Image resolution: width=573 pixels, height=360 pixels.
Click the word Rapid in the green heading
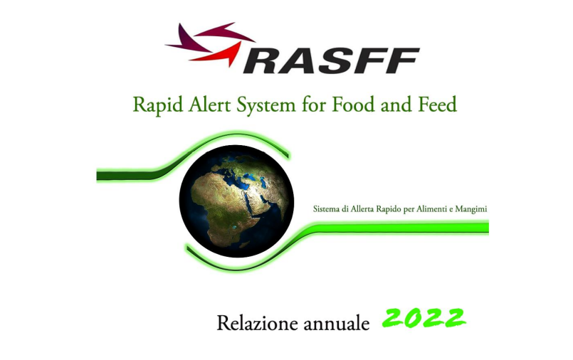153,105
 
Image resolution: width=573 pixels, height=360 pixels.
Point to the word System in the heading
266,105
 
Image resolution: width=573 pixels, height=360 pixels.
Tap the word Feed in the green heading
436,104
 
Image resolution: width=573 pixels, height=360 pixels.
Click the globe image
236,201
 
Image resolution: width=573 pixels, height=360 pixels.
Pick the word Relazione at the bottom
253,324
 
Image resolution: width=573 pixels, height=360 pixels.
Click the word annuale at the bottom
335,324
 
